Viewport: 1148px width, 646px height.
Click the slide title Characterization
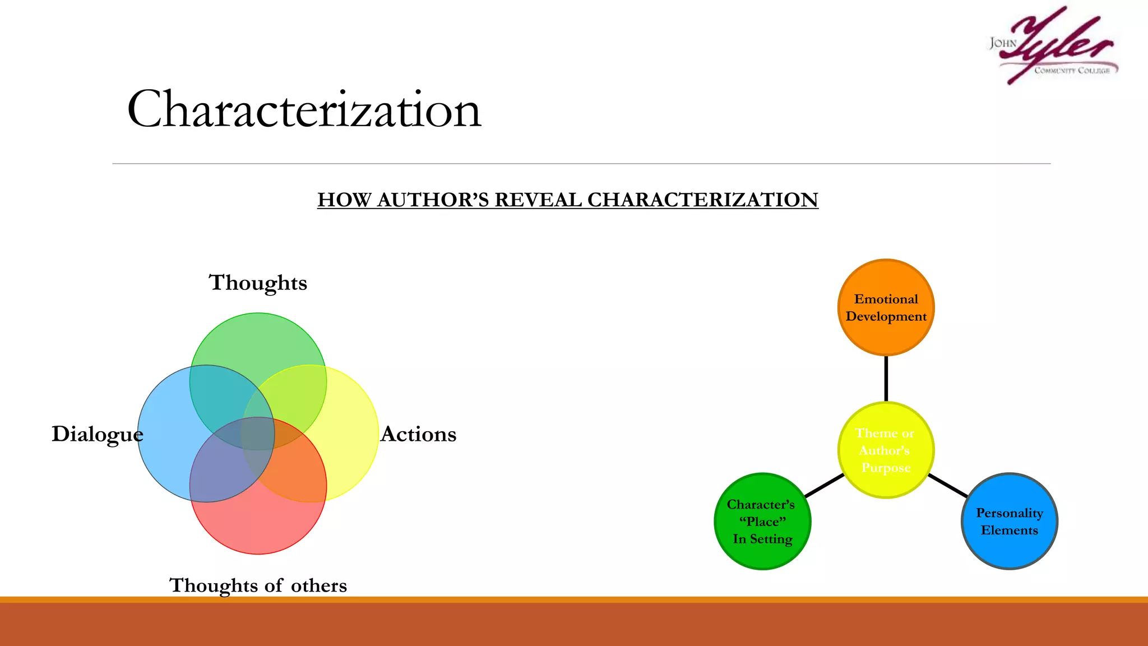(304, 109)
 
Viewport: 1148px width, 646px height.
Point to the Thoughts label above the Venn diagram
(258, 283)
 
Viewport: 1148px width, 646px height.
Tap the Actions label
(418, 434)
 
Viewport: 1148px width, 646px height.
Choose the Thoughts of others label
(258, 585)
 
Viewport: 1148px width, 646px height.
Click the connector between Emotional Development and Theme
(886, 379)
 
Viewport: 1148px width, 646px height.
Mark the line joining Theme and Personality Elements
(947, 486)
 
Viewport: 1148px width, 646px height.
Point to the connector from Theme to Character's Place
(824, 486)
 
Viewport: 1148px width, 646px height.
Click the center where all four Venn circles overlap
(258, 433)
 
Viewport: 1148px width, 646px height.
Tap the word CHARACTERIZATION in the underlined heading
(702, 200)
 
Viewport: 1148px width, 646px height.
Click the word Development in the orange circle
(886, 317)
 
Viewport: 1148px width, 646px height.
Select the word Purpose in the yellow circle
(886, 468)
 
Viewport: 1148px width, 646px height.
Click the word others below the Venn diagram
(318, 585)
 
